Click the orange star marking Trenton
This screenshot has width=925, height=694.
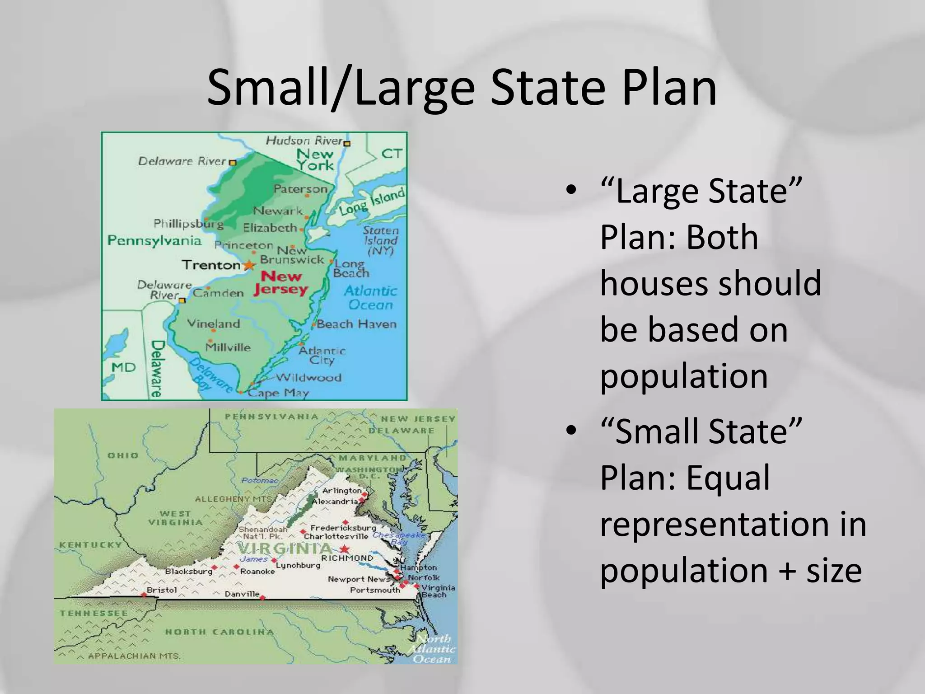[248, 265]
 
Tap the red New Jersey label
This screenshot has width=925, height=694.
[280, 283]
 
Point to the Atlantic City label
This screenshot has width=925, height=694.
[322, 355]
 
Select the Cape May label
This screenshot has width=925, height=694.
[278, 393]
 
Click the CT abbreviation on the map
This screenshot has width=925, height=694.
[392, 154]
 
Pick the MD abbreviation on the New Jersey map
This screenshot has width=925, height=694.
[123, 367]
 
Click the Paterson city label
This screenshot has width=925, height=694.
[300, 189]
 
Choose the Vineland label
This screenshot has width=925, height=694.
[213, 324]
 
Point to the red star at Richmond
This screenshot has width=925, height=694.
[345, 549]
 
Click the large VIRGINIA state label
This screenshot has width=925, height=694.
[285, 549]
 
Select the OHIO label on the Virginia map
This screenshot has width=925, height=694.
[123, 455]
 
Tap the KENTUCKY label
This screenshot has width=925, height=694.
[91, 545]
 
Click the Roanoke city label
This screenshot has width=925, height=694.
[257, 572]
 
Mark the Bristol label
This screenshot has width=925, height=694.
[162, 590]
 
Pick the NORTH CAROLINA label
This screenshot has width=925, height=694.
[220, 632]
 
